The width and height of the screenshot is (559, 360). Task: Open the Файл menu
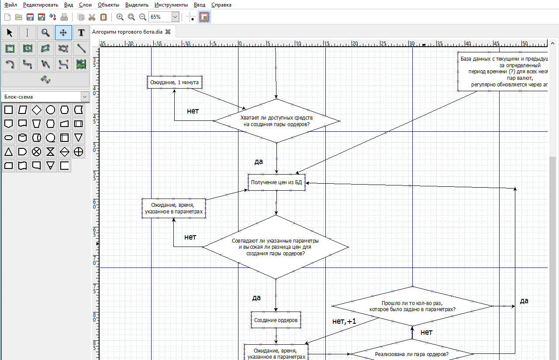coord(11,5)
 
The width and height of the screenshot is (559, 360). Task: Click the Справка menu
coord(221,5)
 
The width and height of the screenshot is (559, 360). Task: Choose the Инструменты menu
coord(171,5)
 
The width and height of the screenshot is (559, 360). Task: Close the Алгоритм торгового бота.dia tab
coord(168,32)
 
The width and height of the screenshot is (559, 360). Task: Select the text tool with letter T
coord(81,33)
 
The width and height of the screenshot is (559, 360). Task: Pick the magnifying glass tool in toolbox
coord(45,33)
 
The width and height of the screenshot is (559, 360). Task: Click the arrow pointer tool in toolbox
coord(10,33)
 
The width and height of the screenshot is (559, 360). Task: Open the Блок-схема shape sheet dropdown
coord(85,97)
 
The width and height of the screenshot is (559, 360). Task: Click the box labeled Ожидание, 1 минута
coord(174,82)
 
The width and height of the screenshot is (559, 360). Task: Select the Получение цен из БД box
coord(276,182)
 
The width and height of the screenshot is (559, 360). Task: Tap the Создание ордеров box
coord(276,320)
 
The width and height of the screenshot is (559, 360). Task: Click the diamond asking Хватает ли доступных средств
coord(276,121)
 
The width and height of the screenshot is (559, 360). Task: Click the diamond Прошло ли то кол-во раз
coord(412,306)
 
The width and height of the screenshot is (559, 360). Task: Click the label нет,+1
coord(344,322)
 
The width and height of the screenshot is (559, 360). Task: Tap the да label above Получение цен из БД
coord(259,161)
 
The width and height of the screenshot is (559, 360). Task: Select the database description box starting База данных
coord(502,72)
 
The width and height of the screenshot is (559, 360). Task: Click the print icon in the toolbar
coord(64,17)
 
